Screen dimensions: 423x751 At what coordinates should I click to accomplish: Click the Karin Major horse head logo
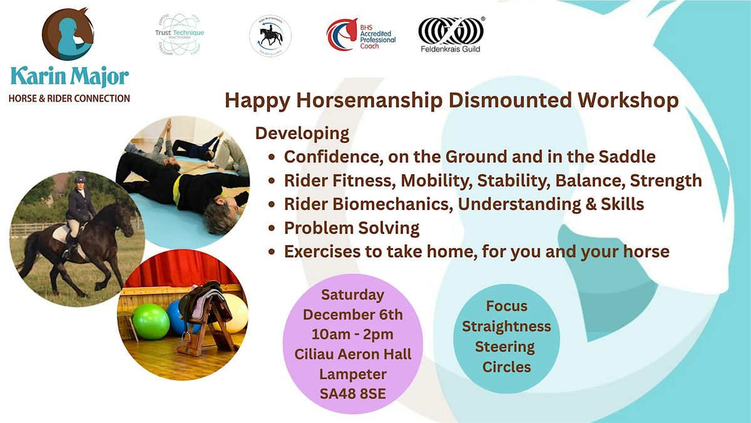click(68, 34)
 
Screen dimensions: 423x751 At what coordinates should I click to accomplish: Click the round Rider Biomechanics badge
click(270, 34)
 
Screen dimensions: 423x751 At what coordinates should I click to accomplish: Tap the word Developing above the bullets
click(302, 133)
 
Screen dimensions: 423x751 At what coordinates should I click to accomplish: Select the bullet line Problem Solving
click(352, 227)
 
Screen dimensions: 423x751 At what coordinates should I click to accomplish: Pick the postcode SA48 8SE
click(354, 394)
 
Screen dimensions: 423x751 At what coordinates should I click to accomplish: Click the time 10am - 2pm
click(353, 334)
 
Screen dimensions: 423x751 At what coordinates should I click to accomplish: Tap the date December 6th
click(353, 314)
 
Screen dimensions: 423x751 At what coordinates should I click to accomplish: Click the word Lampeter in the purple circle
click(353, 374)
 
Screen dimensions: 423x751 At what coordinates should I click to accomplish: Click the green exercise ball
click(151, 321)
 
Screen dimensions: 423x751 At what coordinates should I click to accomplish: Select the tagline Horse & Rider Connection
click(69, 98)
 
